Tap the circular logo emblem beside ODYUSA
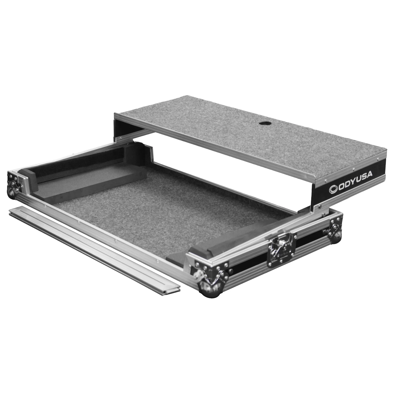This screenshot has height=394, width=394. [334, 188]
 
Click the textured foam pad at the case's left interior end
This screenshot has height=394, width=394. [87, 179]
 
